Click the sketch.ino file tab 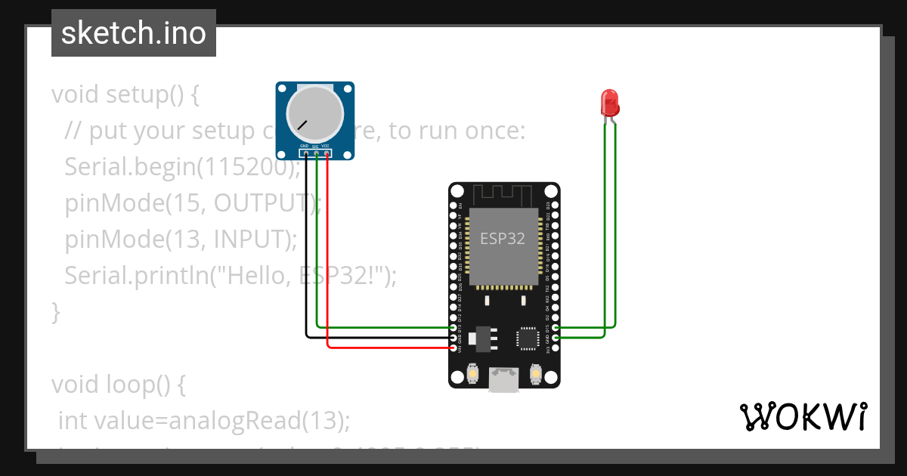coord(134,33)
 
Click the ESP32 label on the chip coord(503,239)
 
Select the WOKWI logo coord(802,416)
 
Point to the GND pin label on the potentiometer coord(304,146)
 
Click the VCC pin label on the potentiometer coord(326,146)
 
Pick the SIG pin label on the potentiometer coord(315,146)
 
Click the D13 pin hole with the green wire coord(453,328)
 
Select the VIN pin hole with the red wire coord(453,348)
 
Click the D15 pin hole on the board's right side coord(556,328)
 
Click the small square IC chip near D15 coord(526,339)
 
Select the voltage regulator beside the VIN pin coord(480,339)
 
